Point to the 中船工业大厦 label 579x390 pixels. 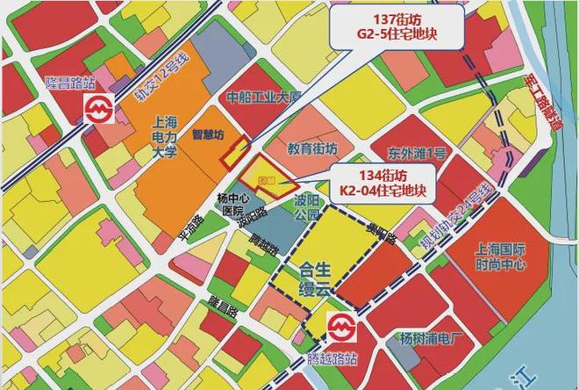pyautogui.click(x=264, y=97)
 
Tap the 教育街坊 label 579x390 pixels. pyautogui.click(x=312, y=148)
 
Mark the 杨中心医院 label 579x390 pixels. pyautogui.click(x=231, y=205)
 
